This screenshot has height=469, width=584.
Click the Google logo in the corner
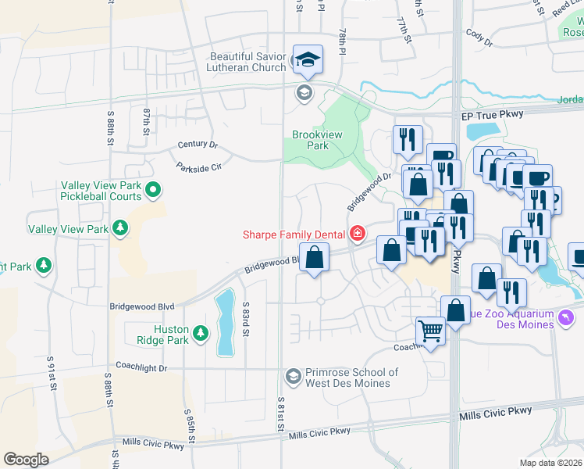pyautogui.click(x=26, y=459)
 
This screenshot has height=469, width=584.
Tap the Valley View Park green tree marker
pyautogui.click(x=120, y=228)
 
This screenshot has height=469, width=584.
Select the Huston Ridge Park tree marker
pyautogui.click(x=201, y=333)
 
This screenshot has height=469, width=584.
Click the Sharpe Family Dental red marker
pyautogui.click(x=358, y=234)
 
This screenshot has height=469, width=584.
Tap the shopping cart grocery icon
pyautogui.click(x=430, y=331)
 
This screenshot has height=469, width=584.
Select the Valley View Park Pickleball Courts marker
pyautogui.click(x=154, y=188)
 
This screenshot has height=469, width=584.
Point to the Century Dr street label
pyautogui.click(x=198, y=145)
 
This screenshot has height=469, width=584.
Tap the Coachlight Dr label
pyautogui.click(x=141, y=367)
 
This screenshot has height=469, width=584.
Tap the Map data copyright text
pyautogui.click(x=551, y=463)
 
